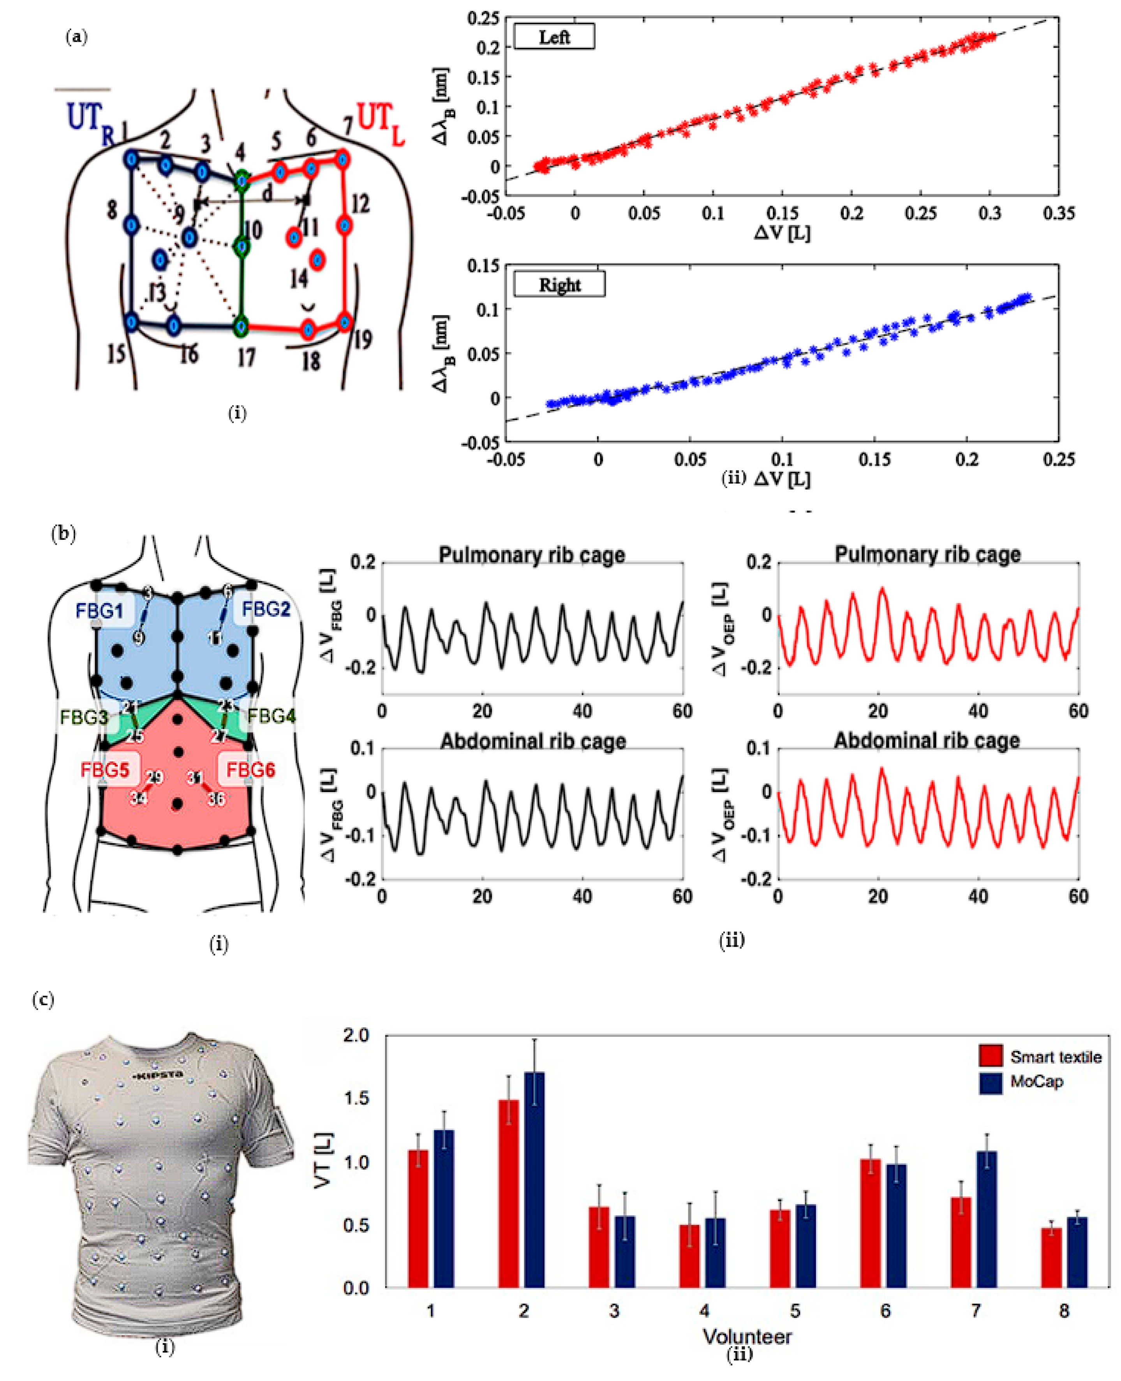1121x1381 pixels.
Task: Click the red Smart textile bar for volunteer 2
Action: [x=508, y=1194]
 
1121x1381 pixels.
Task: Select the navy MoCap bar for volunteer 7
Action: [x=986, y=1220]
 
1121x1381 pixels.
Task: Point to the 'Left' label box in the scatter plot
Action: [x=553, y=37]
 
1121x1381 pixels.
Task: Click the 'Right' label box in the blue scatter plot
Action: [x=559, y=284]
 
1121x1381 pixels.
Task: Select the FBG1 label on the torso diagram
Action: [x=99, y=610]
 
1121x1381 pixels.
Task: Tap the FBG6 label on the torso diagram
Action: [x=250, y=770]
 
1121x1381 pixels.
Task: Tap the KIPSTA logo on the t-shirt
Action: [x=157, y=1075]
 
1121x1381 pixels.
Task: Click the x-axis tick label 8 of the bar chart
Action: [x=1063, y=1311]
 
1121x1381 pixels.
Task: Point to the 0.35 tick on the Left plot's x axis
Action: [x=1058, y=213]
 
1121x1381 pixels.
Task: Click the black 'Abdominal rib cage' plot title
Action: [x=533, y=741]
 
